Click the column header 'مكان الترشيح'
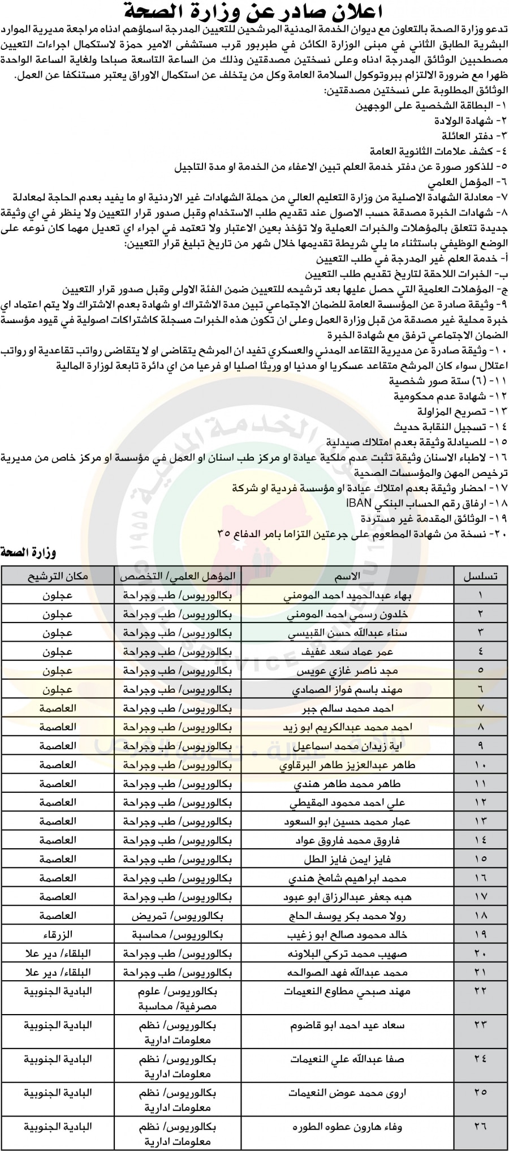[58, 576]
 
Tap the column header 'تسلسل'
[480, 576]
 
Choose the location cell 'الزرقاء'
[58, 935]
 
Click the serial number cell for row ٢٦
[480, 1126]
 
